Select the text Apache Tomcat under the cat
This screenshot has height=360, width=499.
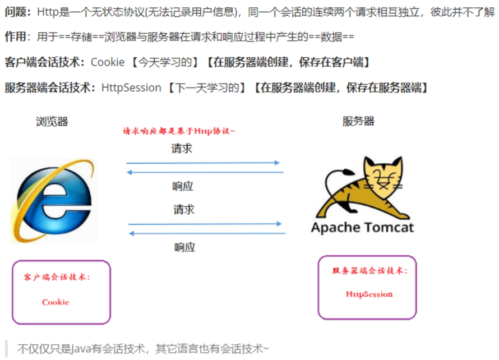[x=363, y=228]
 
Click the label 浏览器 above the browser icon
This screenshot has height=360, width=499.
[x=52, y=121]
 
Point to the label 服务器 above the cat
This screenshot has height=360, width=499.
[x=358, y=121]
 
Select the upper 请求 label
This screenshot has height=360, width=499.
[x=182, y=149]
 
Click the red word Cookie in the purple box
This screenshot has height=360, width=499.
[x=56, y=302]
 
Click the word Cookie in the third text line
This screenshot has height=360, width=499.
[x=108, y=62]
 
